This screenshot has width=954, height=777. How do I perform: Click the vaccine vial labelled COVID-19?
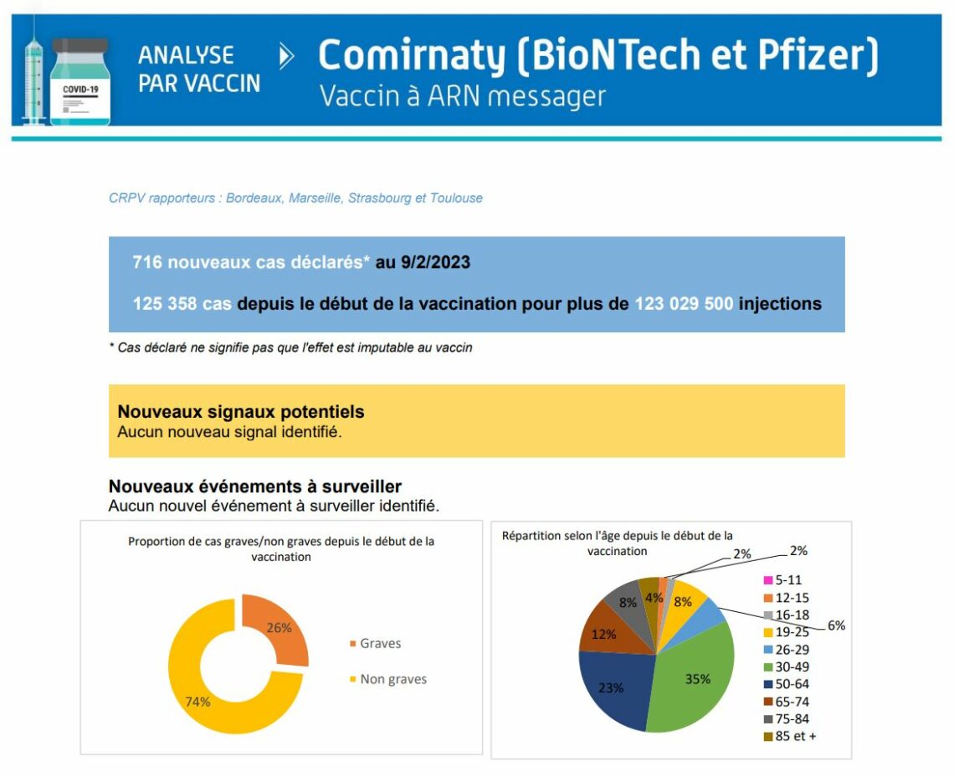tap(80, 81)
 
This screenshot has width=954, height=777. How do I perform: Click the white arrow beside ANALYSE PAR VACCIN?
tap(286, 57)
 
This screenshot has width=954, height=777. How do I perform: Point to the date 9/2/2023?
tap(435, 262)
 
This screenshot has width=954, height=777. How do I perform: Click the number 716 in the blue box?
tap(147, 262)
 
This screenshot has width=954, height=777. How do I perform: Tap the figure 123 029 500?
tap(684, 303)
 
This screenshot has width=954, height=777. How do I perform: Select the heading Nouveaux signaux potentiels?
tap(241, 412)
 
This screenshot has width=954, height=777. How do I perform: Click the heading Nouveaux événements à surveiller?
tap(255, 486)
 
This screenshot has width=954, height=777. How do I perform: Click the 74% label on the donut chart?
tap(197, 702)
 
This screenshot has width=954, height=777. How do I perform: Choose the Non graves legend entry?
tap(388, 679)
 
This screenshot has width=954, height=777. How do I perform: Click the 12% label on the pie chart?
tap(604, 635)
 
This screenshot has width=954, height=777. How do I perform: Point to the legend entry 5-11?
tap(783, 580)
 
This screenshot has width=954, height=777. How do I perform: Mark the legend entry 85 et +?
tap(790, 736)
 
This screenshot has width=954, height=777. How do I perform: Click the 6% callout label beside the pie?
tap(837, 625)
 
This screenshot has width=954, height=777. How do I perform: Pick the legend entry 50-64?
tap(787, 684)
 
